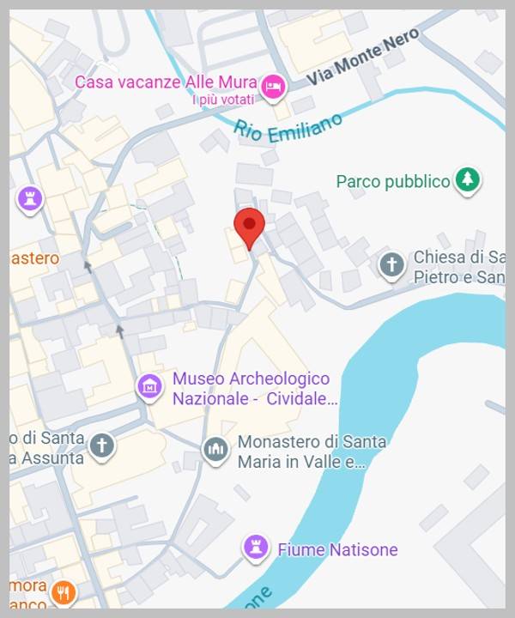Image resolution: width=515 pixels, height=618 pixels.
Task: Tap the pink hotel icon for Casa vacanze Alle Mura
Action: tap(274, 85)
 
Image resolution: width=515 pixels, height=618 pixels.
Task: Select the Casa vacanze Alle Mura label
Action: tap(166, 82)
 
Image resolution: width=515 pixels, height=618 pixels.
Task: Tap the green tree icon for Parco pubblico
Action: tap(467, 180)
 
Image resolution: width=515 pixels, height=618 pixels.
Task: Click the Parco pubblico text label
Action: tap(393, 182)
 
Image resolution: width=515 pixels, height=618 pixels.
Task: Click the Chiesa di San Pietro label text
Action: tap(458, 267)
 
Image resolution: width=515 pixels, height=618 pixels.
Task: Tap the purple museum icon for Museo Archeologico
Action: tap(150, 386)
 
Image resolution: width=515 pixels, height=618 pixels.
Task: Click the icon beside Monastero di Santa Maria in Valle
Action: tap(215, 449)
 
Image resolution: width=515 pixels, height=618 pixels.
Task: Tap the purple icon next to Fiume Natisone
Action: tap(255, 546)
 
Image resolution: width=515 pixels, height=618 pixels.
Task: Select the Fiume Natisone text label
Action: tap(337, 549)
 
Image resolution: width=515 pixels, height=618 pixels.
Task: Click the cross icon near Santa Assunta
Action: tap(102, 445)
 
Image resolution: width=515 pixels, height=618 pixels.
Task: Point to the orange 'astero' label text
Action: tap(34, 258)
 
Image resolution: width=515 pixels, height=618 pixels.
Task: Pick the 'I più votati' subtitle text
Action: tap(224, 100)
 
